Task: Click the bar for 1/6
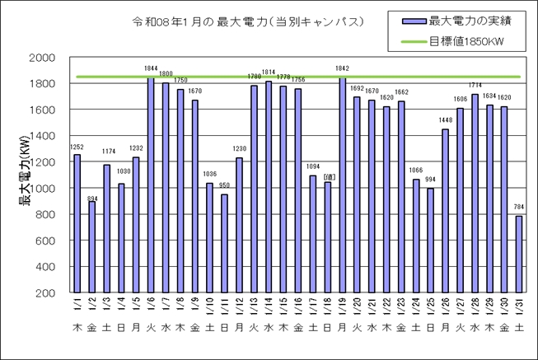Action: (x=151, y=185)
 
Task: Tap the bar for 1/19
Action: (x=342, y=185)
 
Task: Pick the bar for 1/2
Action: (x=92, y=247)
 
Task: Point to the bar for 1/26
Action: (x=445, y=210)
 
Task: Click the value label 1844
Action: (x=151, y=68)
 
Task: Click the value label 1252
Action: (x=77, y=146)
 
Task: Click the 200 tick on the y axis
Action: (x=46, y=293)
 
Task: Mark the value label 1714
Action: (x=474, y=86)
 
